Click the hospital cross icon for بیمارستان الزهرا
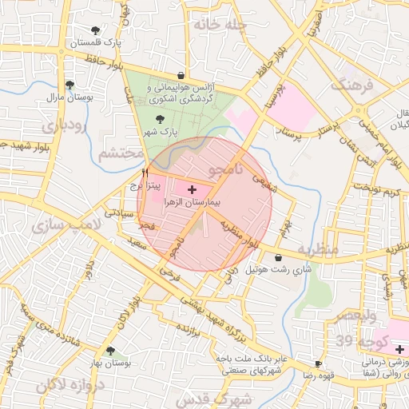(x=191, y=189)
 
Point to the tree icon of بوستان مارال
(x=69, y=85)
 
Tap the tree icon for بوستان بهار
(x=110, y=351)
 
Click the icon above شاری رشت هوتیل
(x=277, y=257)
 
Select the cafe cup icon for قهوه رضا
(x=319, y=363)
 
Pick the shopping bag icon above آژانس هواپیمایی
(x=181, y=76)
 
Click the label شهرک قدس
(x=224, y=398)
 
